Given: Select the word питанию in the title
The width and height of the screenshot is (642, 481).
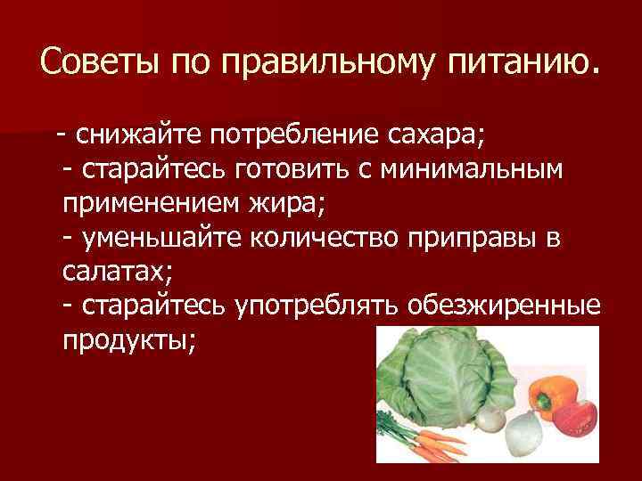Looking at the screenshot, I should pyautogui.click(x=518, y=64).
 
